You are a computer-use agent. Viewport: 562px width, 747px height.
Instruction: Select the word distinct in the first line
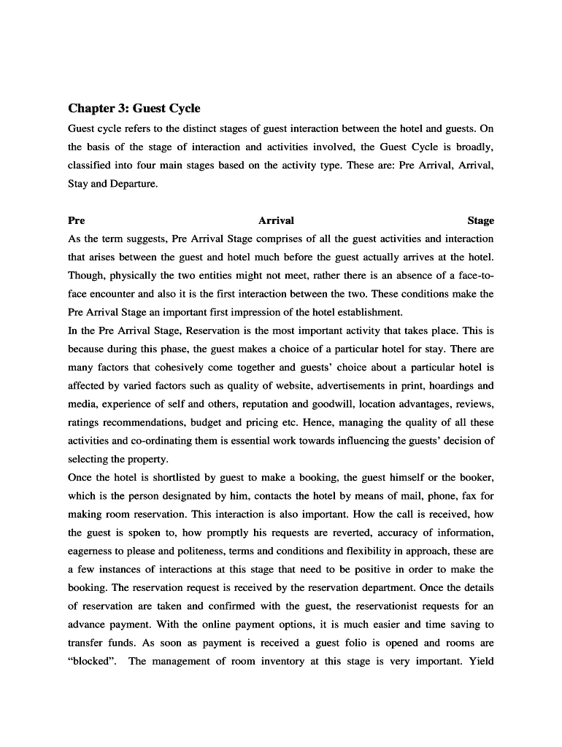coord(190,128)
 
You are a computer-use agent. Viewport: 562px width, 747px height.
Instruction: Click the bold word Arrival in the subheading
coord(276,220)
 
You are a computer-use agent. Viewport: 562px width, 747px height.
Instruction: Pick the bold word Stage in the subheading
coord(480,220)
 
